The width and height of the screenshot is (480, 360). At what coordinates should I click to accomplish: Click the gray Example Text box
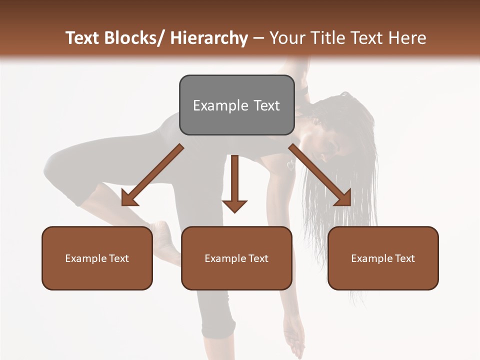(x=236, y=105)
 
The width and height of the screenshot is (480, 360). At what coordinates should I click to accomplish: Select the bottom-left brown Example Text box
(x=97, y=258)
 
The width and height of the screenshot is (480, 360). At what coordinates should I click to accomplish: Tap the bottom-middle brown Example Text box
(x=236, y=258)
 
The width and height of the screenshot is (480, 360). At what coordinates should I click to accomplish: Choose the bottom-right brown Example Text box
(x=383, y=258)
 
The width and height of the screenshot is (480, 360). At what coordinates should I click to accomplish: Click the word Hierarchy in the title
(x=209, y=38)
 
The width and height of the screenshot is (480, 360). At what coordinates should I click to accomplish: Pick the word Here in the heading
(x=408, y=38)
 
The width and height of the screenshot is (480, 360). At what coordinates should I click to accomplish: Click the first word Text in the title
(x=83, y=38)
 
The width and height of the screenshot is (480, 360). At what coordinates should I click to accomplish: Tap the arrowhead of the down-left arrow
(x=129, y=199)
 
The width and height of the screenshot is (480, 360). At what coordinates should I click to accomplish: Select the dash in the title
(x=258, y=38)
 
